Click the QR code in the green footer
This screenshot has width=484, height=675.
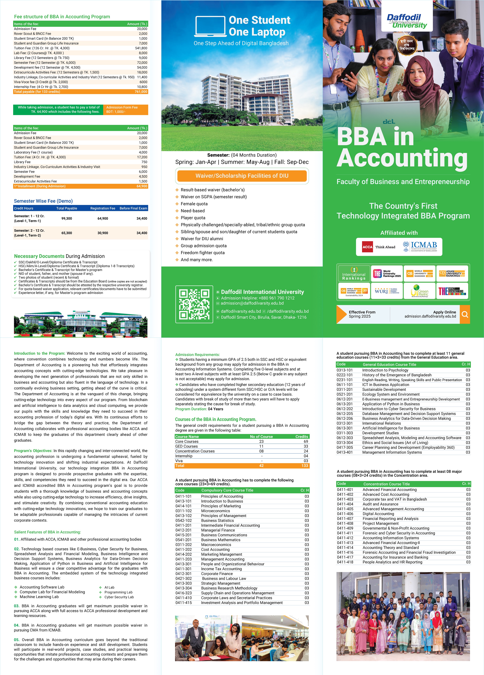click(194, 304)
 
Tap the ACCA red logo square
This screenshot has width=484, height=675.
click(367, 247)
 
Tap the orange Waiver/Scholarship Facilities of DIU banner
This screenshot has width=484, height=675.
click(242, 176)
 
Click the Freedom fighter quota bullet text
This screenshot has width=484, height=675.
click(202, 253)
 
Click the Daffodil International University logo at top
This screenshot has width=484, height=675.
click(407, 21)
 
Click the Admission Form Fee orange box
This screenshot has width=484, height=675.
click(125, 110)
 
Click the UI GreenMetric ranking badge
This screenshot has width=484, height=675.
click(419, 291)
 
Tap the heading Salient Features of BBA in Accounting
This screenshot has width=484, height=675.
click(47, 532)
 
